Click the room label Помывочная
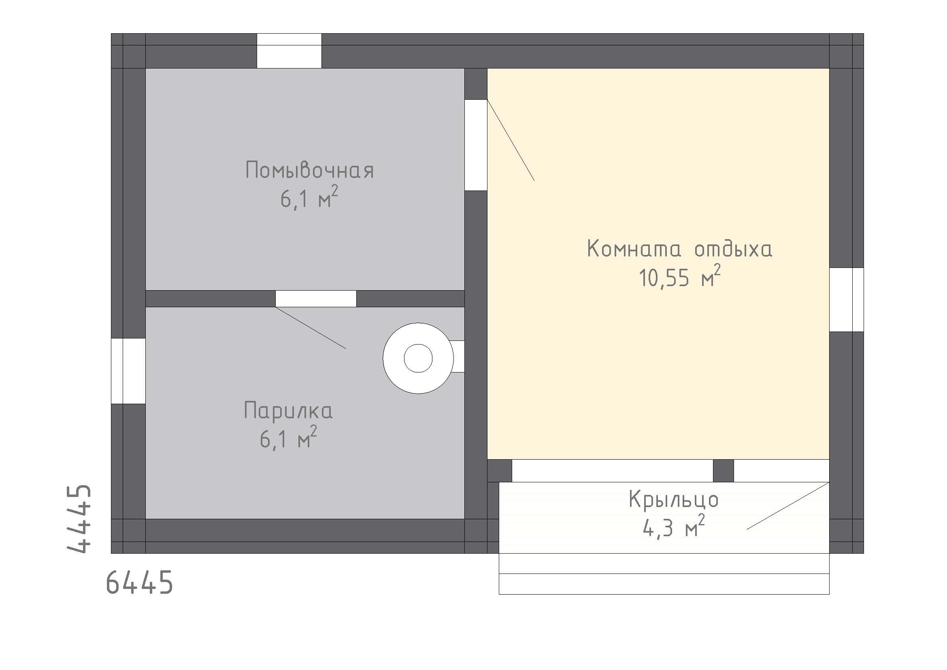tap(309, 170)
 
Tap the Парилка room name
tap(288, 410)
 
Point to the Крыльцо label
tap(674, 499)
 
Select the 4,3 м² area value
tap(674, 528)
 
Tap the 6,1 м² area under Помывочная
tap(309, 199)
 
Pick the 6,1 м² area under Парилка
tap(288, 439)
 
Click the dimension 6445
tap(139, 583)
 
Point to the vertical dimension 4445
tap(79, 518)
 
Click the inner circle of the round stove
tap(418, 358)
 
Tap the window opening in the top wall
tap(289, 51)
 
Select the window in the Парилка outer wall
tap(128, 371)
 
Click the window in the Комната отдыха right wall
tap(846, 300)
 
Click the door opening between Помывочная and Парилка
tap(316, 298)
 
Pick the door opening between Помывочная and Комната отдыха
tap(476, 145)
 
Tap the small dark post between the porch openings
tap(724, 470)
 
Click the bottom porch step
tap(664, 584)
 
